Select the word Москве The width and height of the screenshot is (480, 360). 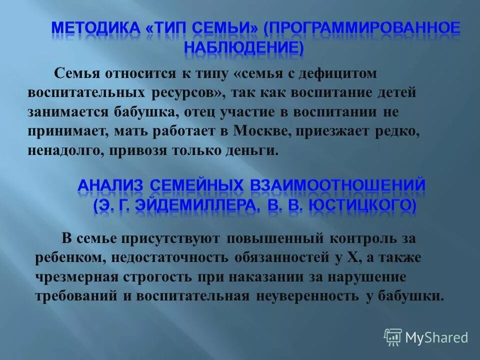click(x=265, y=131)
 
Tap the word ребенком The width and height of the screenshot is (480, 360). click(x=66, y=257)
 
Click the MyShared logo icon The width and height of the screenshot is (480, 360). click(x=393, y=337)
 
